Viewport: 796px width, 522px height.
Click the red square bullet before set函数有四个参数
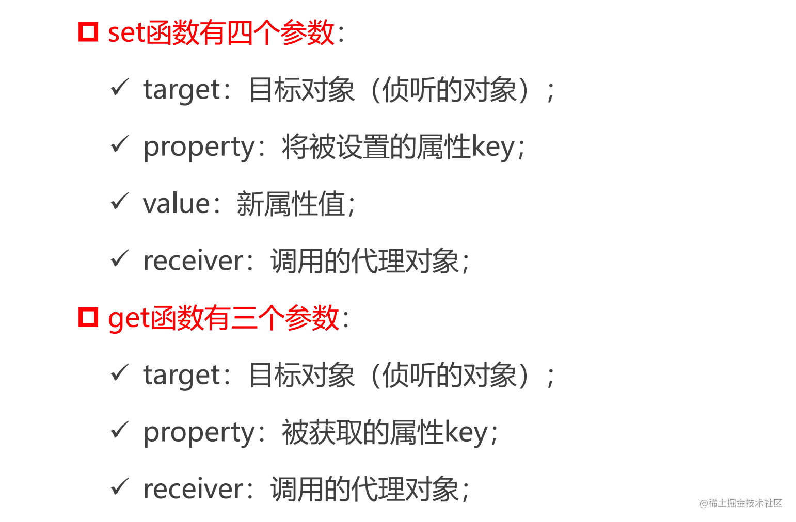click(88, 32)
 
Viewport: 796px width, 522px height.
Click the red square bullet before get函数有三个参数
click(88, 317)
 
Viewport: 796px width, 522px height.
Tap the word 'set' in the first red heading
click(126, 32)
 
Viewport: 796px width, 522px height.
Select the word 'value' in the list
click(176, 203)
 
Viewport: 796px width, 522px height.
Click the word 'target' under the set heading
click(182, 90)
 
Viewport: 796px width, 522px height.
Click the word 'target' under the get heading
click(182, 375)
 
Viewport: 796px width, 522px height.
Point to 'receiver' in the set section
click(193, 260)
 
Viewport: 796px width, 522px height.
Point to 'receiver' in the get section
click(193, 489)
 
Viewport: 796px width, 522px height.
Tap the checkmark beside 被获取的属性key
click(119, 430)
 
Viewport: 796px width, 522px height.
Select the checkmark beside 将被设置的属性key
click(119, 144)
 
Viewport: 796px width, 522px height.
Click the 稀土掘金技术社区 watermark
click(741, 503)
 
